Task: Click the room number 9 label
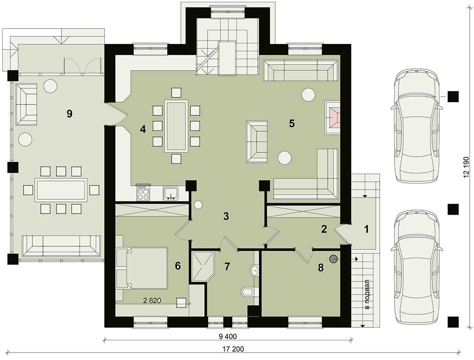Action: click(x=69, y=114)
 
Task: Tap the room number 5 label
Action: click(x=292, y=123)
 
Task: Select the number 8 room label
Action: click(x=321, y=267)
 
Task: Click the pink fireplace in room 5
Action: click(x=333, y=117)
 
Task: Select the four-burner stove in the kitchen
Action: click(x=143, y=193)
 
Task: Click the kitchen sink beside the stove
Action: click(x=172, y=194)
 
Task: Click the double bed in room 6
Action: click(x=142, y=268)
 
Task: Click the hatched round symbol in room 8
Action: click(x=334, y=259)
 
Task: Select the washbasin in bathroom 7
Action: click(x=255, y=270)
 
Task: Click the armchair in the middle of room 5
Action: click(x=257, y=142)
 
